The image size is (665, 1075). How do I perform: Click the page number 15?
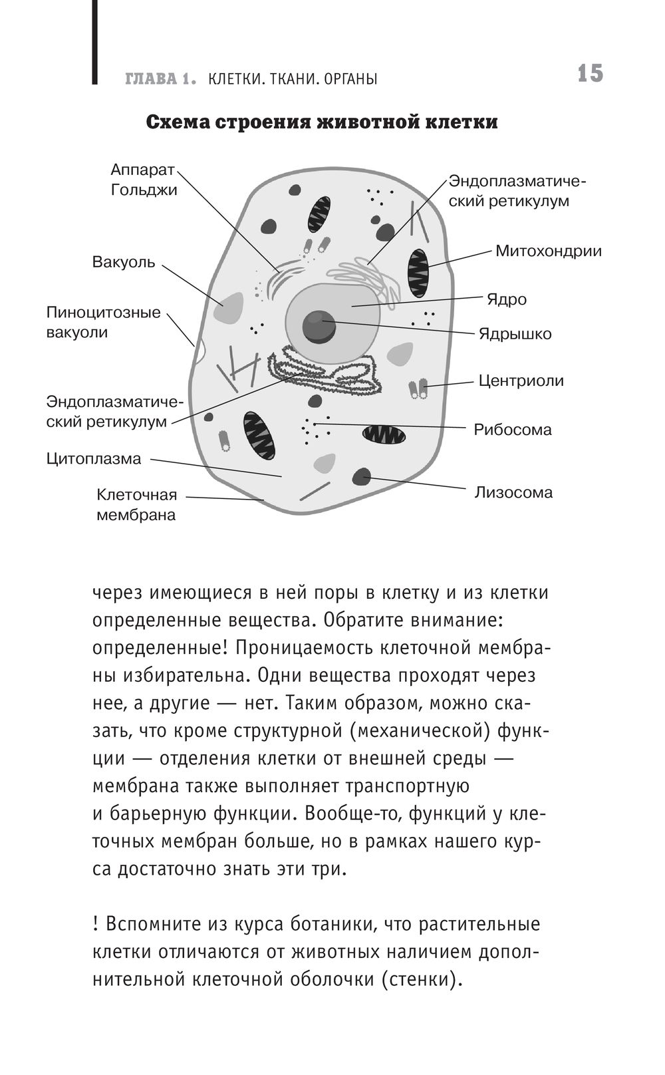[x=590, y=73]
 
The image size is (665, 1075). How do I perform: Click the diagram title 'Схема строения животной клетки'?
[x=322, y=123]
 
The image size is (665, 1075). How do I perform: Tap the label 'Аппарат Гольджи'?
[x=144, y=180]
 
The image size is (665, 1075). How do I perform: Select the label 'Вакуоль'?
[x=124, y=262]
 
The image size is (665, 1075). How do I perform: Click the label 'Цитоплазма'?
[x=94, y=459]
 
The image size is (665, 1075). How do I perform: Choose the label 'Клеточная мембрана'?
[x=136, y=505]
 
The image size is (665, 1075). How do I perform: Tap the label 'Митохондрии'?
[x=549, y=251]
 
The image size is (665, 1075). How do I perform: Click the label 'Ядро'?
[x=507, y=299]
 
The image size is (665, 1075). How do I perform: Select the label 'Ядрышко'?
[x=515, y=334]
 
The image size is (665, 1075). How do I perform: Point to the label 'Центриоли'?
[x=521, y=381]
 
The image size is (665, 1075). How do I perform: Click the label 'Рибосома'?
[x=513, y=430]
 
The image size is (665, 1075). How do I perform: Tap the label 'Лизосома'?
[x=513, y=493]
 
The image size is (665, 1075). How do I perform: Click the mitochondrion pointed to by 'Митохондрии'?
[x=418, y=273]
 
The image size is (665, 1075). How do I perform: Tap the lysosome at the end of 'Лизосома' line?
[x=361, y=476]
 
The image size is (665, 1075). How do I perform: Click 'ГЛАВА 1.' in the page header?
[x=160, y=79]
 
